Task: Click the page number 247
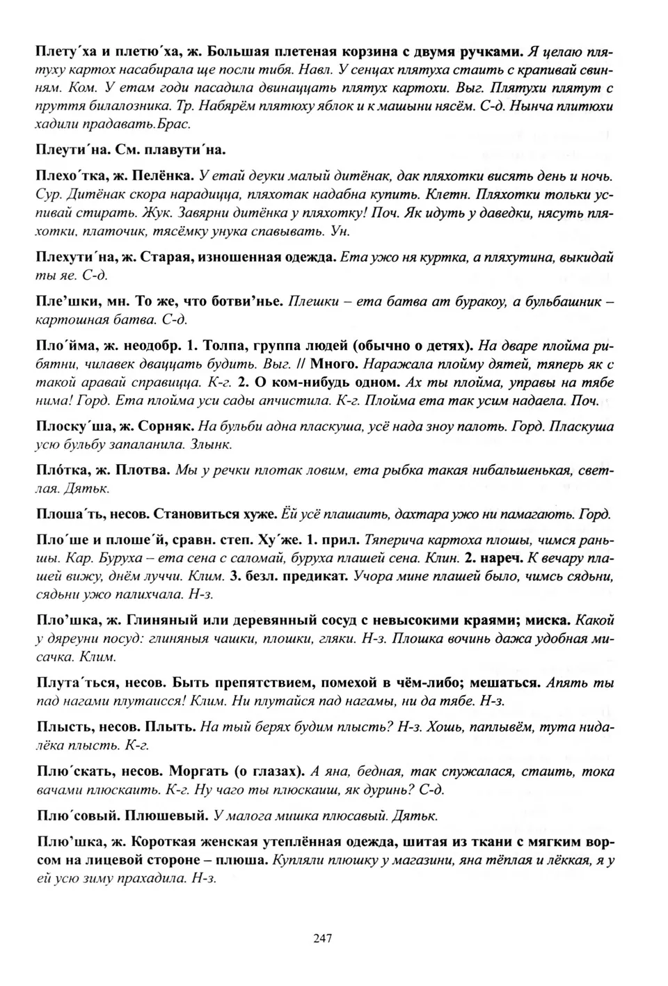pyautogui.click(x=322, y=938)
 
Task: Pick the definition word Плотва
pyautogui.click(x=144, y=471)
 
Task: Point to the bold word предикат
pyautogui.click(x=315, y=576)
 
